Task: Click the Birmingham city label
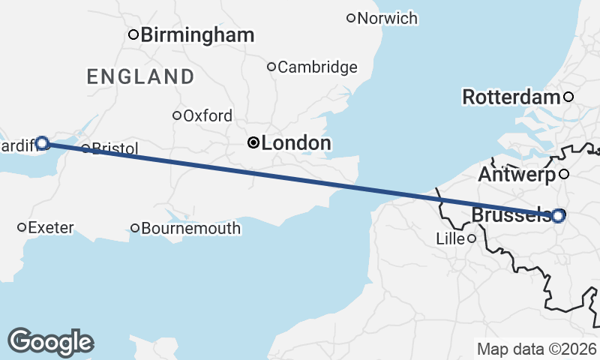[x=197, y=34]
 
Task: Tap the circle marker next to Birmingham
[x=133, y=34]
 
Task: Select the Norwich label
[x=387, y=18]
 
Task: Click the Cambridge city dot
[x=271, y=67]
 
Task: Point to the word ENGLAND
[x=140, y=76]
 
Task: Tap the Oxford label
[x=208, y=116]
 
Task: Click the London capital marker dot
[x=254, y=142]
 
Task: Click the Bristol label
[x=115, y=149]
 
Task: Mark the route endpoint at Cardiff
[x=42, y=142]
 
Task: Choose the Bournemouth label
[x=191, y=228]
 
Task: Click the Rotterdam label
[x=511, y=97]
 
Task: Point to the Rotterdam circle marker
[x=568, y=97]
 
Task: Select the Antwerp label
[x=516, y=175]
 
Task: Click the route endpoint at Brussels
[x=558, y=215]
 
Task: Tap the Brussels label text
[x=511, y=215]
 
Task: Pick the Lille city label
[x=450, y=239]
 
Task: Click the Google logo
[x=50, y=341]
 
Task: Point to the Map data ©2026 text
[x=536, y=349]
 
